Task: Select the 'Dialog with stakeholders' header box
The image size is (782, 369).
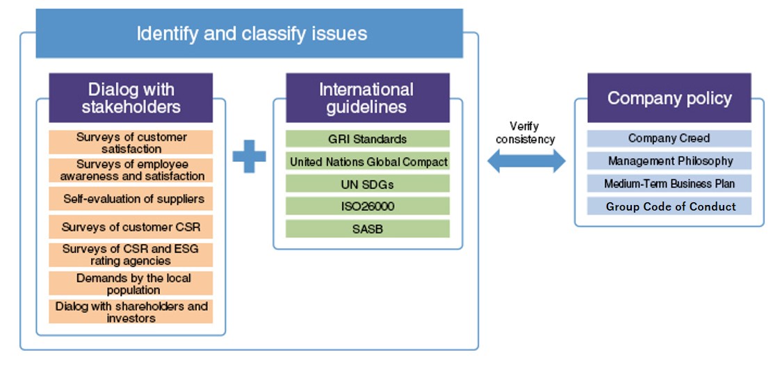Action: click(131, 98)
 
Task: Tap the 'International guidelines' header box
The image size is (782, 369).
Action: click(367, 98)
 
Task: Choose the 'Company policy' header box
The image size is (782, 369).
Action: click(669, 98)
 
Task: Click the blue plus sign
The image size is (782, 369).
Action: click(249, 156)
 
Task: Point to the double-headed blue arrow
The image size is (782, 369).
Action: click(526, 161)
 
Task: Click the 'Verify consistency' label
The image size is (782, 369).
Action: click(526, 133)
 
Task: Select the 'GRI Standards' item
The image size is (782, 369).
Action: click(367, 139)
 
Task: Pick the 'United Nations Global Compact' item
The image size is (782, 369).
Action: click(367, 162)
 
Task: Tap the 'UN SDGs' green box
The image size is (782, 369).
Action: click(367, 184)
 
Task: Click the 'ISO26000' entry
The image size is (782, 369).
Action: click(367, 206)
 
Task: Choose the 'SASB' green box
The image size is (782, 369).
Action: click(367, 229)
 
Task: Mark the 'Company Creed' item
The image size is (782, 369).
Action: click(669, 138)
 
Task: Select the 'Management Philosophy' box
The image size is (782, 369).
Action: click(669, 161)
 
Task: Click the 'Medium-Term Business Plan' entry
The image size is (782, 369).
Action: click(669, 184)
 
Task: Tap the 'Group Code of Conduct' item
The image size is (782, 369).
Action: click(669, 206)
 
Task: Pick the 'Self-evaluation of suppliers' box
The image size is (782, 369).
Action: click(131, 199)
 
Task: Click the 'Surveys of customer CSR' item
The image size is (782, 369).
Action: click(131, 227)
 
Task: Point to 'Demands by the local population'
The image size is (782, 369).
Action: click(131, 284)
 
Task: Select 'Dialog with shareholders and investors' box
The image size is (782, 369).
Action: click(131, 312)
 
